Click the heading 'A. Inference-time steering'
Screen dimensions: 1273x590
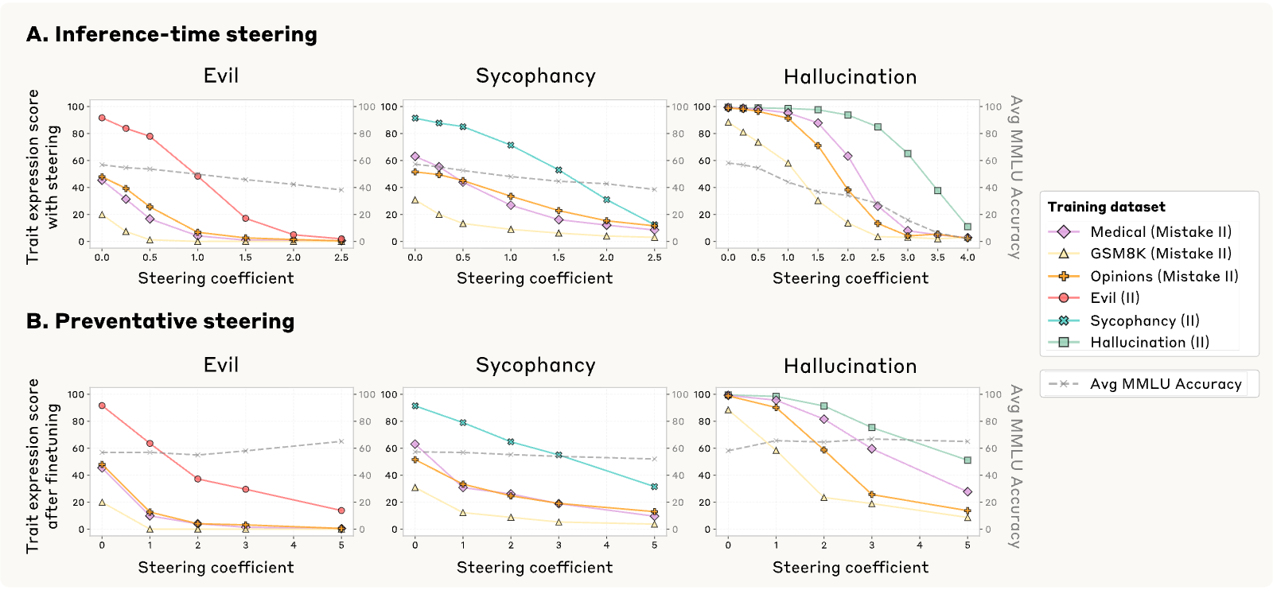172,34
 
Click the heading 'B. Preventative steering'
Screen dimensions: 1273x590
160,321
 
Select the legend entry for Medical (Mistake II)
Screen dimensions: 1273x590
1140,231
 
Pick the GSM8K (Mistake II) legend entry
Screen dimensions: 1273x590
1140,254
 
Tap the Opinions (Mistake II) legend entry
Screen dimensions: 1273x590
1143,276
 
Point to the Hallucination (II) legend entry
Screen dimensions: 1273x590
1129,342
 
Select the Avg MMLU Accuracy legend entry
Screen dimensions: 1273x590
1145,384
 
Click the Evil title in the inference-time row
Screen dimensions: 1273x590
221,76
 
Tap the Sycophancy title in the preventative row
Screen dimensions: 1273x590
535,364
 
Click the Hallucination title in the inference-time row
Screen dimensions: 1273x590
851,76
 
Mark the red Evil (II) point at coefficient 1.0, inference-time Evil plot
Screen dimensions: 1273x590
198,176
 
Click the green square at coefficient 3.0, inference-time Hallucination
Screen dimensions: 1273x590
908,154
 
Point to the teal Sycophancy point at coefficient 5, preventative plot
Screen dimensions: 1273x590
654,487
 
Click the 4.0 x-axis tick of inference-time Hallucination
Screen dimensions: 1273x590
967,258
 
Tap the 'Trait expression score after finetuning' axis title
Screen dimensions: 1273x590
43,466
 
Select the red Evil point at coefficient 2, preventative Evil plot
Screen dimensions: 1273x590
198,479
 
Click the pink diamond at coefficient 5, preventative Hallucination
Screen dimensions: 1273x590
967,491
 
